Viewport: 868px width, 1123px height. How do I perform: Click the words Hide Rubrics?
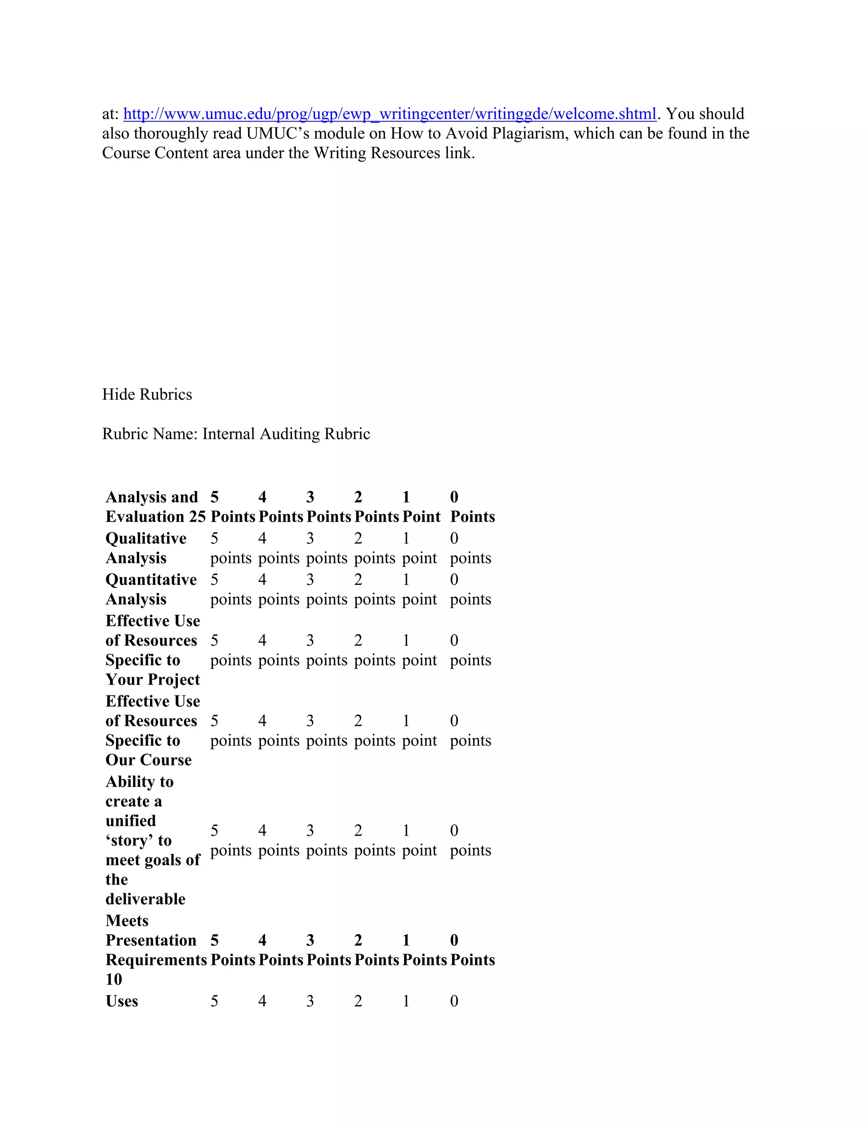click(x=147, y=395)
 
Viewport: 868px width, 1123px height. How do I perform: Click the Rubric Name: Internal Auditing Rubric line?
click(x=236, y=434)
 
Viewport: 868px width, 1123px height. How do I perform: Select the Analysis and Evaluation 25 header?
click(x=155, y=506)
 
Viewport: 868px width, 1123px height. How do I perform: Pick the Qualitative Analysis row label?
click(x=146, y=548)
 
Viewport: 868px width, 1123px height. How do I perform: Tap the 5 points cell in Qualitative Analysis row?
click(x=231, y=548)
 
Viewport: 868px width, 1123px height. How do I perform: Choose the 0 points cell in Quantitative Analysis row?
click(x=470, y=589)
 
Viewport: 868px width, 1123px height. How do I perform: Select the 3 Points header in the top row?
click(x=328, y=506)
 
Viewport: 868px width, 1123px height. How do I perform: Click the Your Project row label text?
click(x=153, y=680)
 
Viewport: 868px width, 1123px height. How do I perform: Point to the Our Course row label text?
click(x=149, y=760)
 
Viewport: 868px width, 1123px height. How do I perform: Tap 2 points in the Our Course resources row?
click(x=374, y=731)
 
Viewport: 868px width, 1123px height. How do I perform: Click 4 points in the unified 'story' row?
click(x=278, y=840)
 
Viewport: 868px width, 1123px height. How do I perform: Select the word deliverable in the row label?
click(x=145, y=899)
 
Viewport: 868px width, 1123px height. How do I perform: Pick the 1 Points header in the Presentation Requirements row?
click(x=424, y=950)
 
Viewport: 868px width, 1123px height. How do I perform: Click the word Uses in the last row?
click(x=122, y=1001)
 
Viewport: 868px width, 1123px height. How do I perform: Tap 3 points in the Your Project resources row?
click(x=326, y=650)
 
